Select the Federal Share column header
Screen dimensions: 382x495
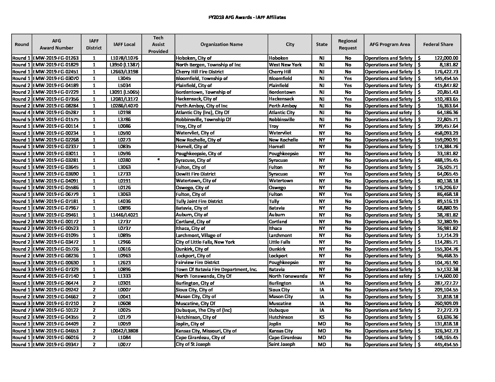(x=438, y=44)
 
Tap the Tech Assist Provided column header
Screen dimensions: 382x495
(x=158, y=44)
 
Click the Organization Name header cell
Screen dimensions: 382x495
(x=221, y=44)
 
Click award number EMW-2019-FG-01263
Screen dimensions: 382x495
(x=56, y=58)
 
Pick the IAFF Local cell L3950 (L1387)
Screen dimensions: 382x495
(x=124, y=65)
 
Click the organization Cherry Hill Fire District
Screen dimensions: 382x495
(x=199, y=72)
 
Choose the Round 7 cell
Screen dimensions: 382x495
(x=21, y=310)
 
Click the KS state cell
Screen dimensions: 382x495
(x=322, y=317)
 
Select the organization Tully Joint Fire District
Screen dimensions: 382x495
(x=199, y=201)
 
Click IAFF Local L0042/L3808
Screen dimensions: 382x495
(x=124, y=331)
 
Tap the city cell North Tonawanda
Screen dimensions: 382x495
(x=288, y=276)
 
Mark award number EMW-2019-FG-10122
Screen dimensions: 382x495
(x=56, y=310)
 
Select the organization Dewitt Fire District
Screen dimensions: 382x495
(x=195, y=174)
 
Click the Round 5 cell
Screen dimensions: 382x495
(x=21, y=119)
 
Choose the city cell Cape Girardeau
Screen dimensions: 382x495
(x=285, y=337)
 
